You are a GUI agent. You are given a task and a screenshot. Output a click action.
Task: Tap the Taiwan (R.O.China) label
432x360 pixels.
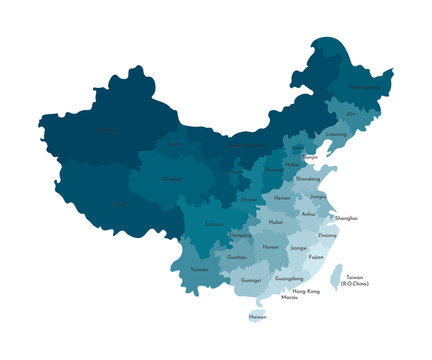pyautogui.click(x=355, y=280)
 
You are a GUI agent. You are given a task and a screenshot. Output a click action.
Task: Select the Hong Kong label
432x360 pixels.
pyautogui.click(x=306, y=290)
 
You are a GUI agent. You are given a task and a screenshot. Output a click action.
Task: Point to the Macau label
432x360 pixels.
pyautogui.click(x=290, y=297)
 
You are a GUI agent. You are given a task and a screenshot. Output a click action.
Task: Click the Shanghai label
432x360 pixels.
pyautogui.click(x=346, y=217)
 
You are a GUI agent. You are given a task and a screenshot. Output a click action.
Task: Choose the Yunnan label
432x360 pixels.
pyautogui.click(x=200, y=269)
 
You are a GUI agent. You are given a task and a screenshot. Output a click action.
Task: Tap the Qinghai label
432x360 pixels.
pyautogui.click(x=171, y=180)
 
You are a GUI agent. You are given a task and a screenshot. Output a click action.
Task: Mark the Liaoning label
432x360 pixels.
pyautogui.click(x=337, y=134)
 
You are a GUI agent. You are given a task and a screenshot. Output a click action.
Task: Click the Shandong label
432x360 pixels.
pyautogui.click(x=309, y=178)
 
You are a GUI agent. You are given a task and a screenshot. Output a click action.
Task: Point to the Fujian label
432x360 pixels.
pyautogui.click(x=316, y=257)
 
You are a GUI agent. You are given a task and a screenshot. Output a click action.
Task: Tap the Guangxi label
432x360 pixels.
pyautogui.click(x=251, y=281)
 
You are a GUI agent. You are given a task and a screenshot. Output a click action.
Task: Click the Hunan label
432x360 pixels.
pyautogui.click(x=270, y=246)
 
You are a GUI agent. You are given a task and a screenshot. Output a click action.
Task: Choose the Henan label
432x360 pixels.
pyautogui.click(x=281, y=197)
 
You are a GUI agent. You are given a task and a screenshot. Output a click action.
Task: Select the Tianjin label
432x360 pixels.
pyautogui.click(x=311, y=157)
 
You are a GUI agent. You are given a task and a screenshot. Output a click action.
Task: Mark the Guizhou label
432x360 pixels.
pyautogui.click(x=237, y=257)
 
